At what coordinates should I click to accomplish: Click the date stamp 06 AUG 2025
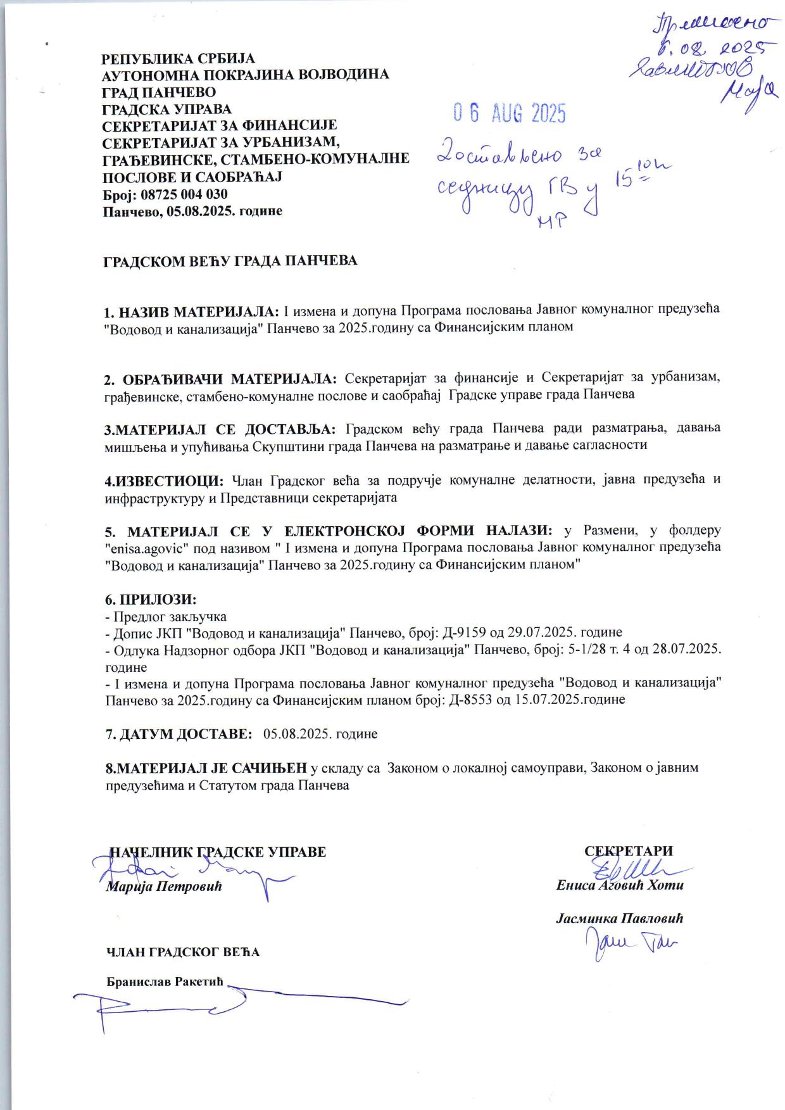point(509,113)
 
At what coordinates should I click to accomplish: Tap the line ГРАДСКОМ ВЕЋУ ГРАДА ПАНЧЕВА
point(230,260)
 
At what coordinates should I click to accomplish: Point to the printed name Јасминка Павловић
point(620,918)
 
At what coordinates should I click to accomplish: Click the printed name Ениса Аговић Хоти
point(620,885)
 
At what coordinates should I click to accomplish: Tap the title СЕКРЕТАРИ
point(628,852)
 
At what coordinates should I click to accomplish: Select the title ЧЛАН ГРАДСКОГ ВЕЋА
point(182,952)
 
